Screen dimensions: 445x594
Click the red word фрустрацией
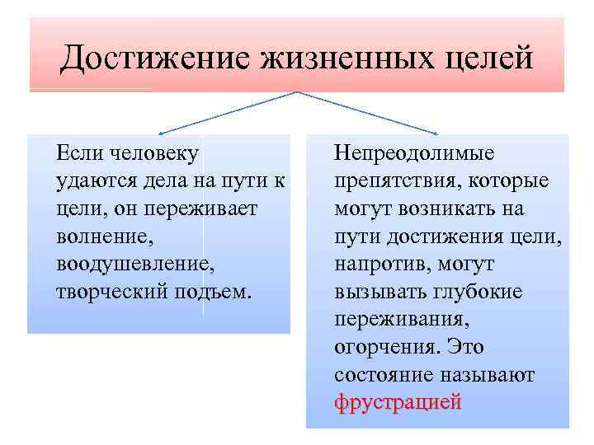click(398, 404)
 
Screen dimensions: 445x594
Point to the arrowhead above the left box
click(162, 132)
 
